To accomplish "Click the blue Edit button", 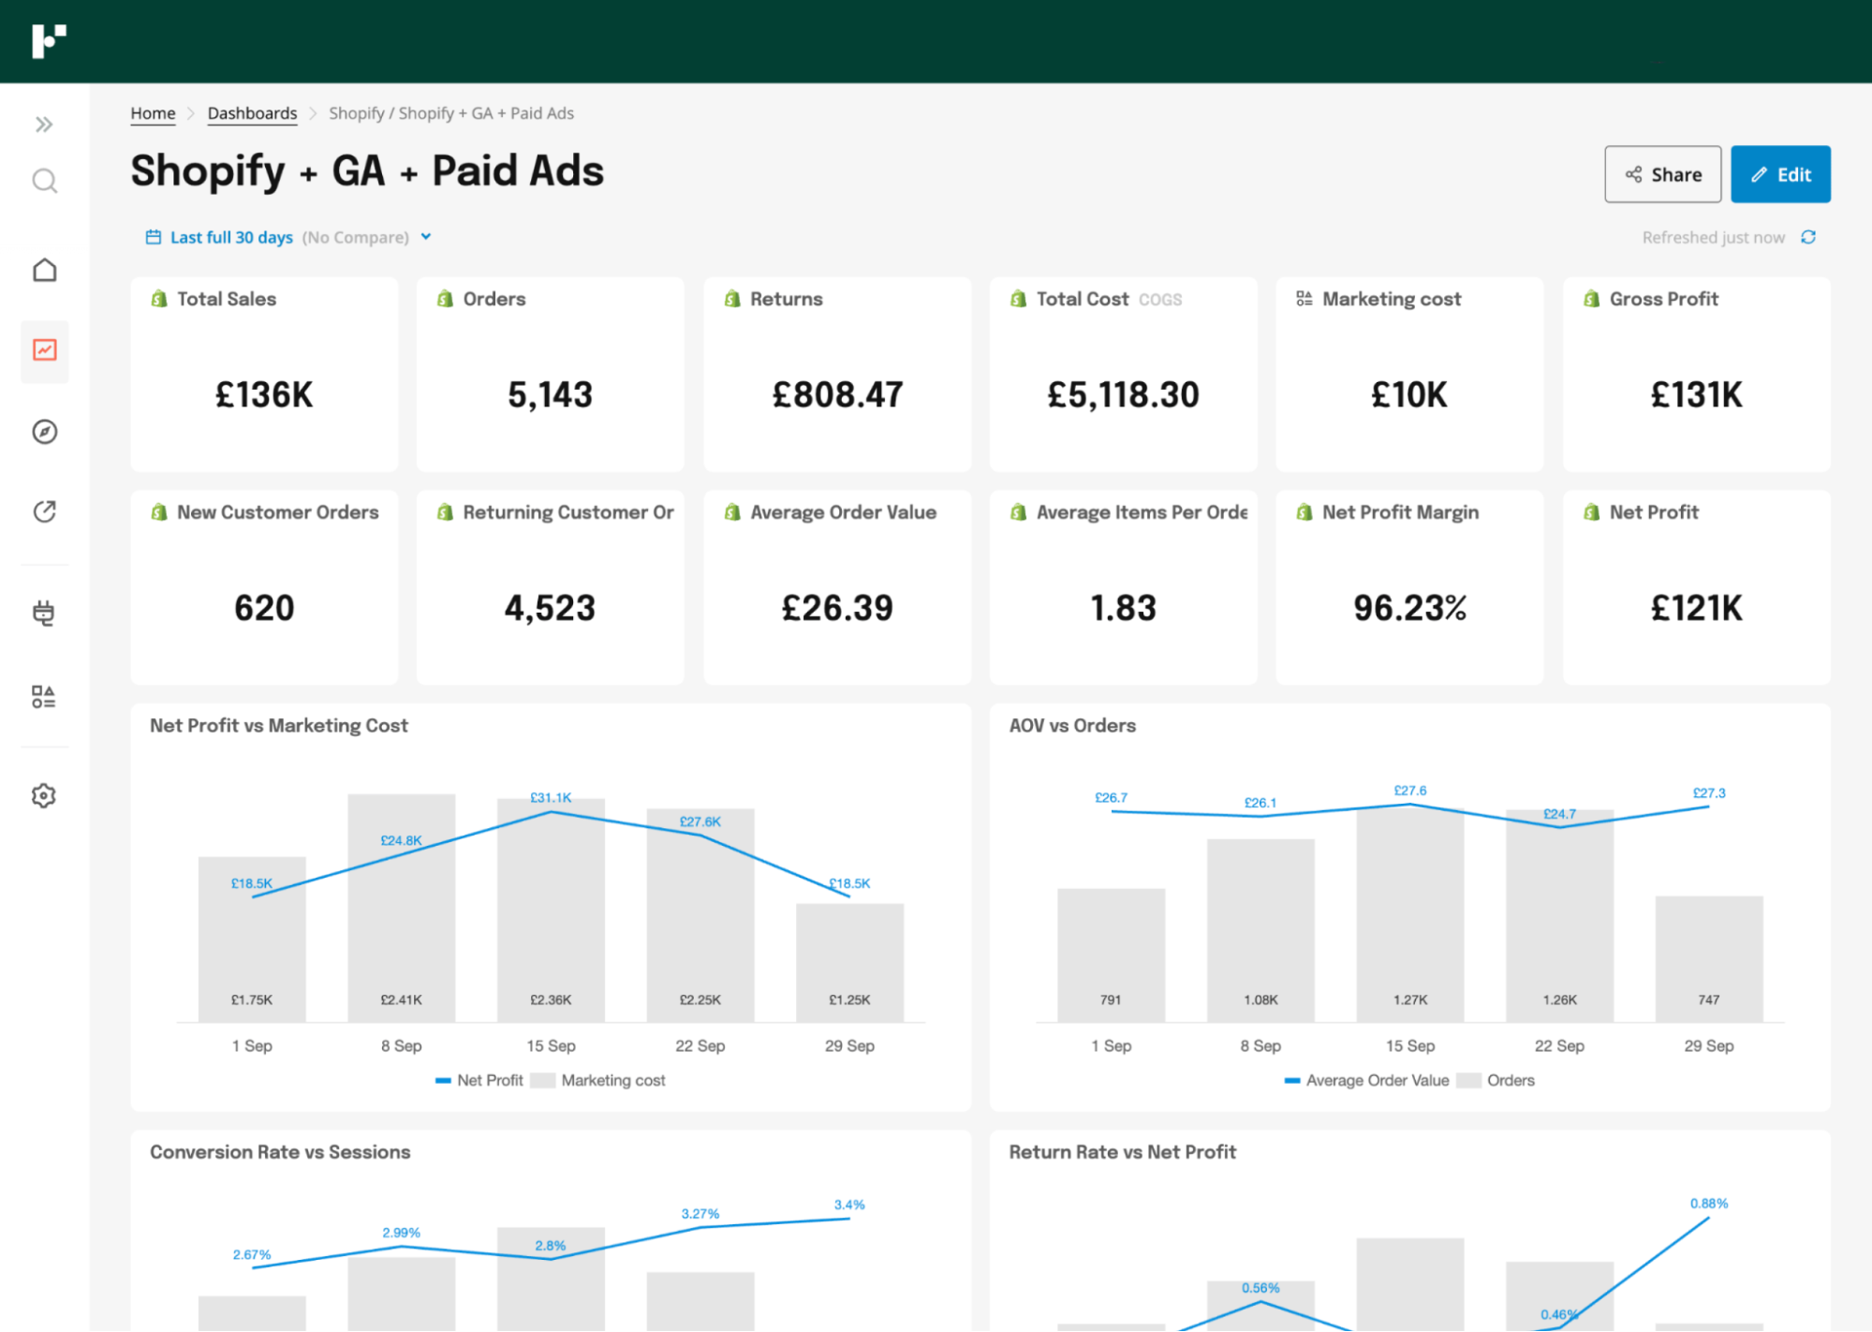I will click(x=1779, y=174).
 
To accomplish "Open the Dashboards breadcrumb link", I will click(x=252, y=113).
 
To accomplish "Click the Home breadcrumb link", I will click(x=153, y=113).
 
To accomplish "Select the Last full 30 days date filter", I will click(x=231, y=237).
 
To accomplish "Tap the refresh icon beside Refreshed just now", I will click(x=1808, y=237).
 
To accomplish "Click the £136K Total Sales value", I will click(x=264, y=394).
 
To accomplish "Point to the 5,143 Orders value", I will click(x=550, y=394).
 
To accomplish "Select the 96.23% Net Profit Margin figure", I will click(x=1409, y=608).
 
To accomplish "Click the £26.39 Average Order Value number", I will click(x=837, y=608).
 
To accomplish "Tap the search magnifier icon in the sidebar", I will click(x=44, y=180).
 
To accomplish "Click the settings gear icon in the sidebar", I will click(x=44, y=795).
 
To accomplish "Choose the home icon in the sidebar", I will click(x=44, y=270).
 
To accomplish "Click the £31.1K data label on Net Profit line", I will click(x=551, y=797).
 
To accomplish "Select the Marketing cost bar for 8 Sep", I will click(x=401, y=918).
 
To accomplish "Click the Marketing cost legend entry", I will click(x=612, y=1080).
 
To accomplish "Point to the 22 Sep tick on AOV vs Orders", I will click(x=1558, y=1045).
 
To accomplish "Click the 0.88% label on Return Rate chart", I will click(x=1708, y=1203).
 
